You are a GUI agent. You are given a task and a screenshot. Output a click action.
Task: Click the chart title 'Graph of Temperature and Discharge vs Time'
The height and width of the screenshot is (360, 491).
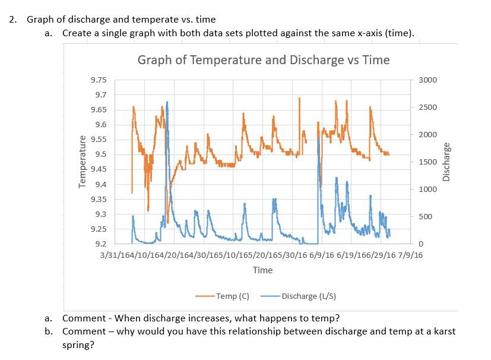click(263, 60)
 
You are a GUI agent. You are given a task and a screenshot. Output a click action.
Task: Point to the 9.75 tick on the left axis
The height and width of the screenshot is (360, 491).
click(99, 80)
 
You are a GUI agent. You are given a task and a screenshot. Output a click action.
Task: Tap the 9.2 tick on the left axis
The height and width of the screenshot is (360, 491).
click(100, 244)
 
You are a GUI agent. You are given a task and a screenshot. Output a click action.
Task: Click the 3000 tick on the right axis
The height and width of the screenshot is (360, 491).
click(427, 80)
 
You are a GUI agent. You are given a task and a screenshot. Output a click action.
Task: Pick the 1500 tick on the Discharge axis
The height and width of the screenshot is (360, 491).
click(427, 162)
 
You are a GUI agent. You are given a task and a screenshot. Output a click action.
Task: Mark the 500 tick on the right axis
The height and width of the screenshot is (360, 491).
click(425, 217)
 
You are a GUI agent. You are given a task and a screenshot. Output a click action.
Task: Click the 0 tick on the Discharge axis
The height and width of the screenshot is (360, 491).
click(421, 244)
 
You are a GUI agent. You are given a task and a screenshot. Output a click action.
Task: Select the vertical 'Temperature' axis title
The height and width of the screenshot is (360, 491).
click(83, 162)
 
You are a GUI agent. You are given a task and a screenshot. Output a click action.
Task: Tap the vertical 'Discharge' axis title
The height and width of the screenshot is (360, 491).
click(446, 162)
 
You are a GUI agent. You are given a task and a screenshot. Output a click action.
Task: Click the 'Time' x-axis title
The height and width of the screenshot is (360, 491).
click(262, 270)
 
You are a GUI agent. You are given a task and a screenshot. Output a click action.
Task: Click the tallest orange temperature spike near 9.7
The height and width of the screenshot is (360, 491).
click(299, 99)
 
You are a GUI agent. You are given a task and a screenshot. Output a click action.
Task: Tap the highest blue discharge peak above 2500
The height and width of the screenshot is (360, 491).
click(167, 102)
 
